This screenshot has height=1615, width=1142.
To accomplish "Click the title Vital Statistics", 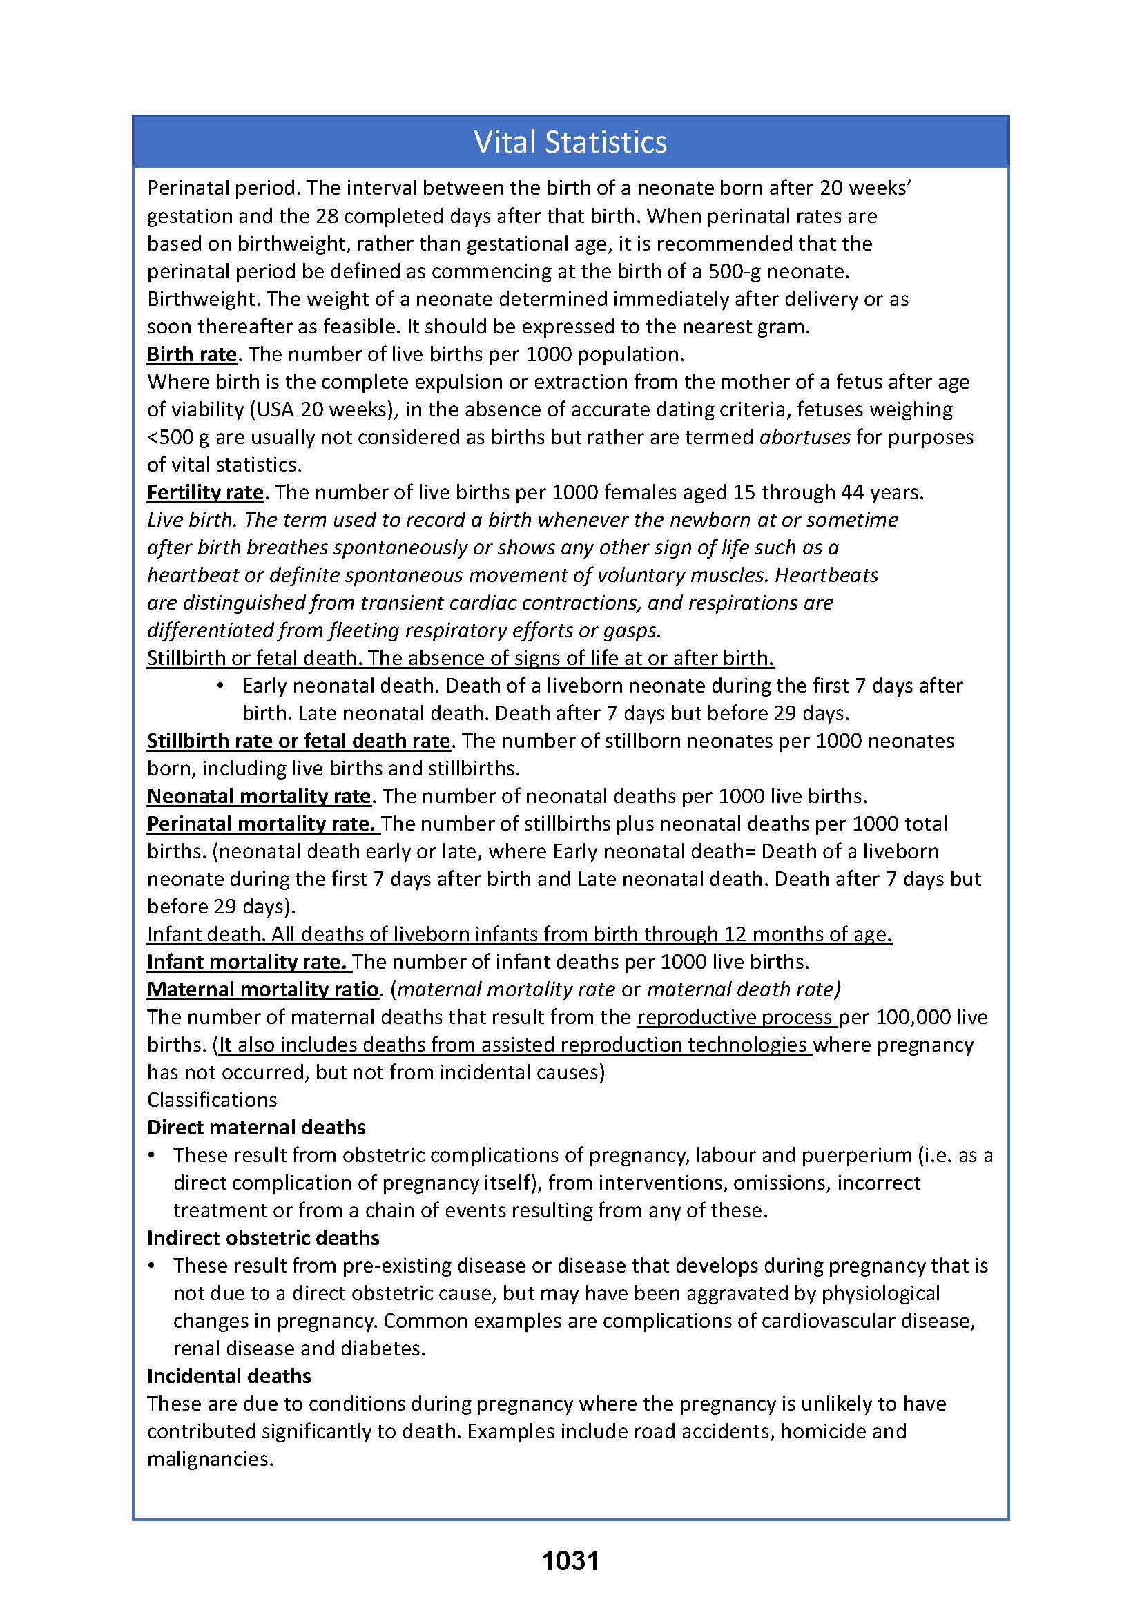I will (570, 142).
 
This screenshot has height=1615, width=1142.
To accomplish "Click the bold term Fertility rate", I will (205, 492).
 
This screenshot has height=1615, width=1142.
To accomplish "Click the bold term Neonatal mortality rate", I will (259, 796).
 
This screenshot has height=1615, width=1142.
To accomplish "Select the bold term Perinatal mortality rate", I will (262, 824).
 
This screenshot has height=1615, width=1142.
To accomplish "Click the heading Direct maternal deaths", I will (256, 1128).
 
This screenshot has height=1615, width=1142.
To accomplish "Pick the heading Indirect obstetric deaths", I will (263, 1238).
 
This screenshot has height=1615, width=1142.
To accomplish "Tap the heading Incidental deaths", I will (229, 1376).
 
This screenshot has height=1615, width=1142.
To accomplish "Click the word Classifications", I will (213, 1100).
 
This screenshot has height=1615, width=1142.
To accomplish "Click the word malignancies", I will (210, 1459).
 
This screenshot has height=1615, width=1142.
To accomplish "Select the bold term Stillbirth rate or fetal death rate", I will (298, 741).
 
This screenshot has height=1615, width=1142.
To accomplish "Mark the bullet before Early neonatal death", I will (221, 686).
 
